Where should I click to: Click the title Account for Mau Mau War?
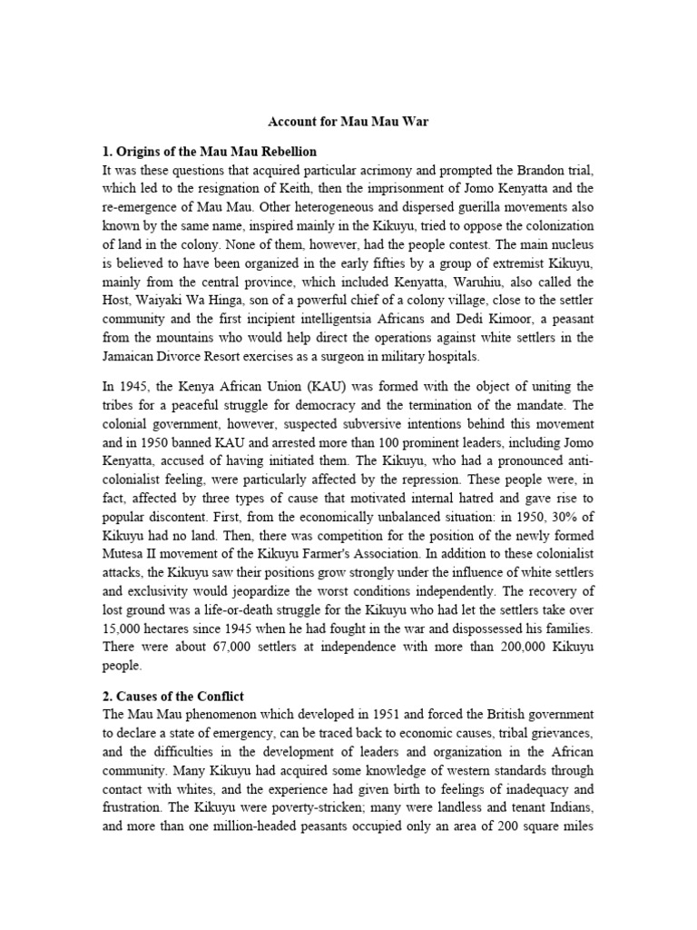pyautogui.click(x=348, y=120)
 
